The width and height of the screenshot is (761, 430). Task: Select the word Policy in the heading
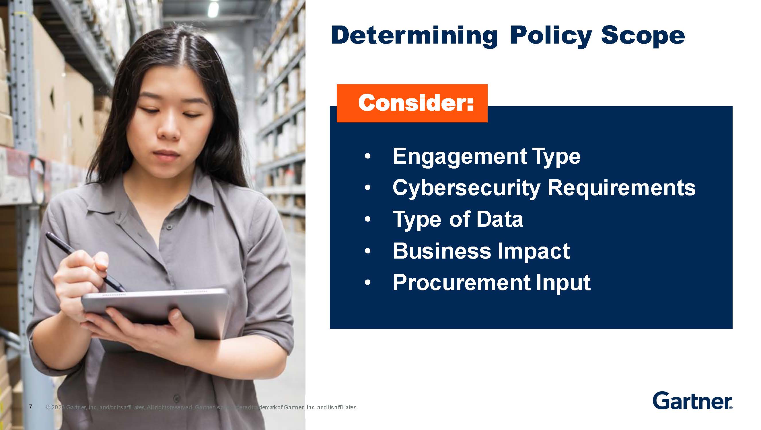click(550, 36)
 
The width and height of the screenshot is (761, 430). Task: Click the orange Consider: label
click(412, 103)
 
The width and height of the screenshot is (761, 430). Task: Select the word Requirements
click(622, 188)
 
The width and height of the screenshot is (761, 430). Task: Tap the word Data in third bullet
click(500, 219)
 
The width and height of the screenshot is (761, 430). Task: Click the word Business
click(442, 251)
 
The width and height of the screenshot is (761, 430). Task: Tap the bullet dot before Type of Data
click(367, 219)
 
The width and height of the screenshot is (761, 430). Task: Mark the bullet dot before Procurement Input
click(367, 283)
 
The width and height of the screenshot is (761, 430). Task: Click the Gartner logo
click(692, 401)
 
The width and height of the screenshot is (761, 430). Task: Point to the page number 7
click(30, 407)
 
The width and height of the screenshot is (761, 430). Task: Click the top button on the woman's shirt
click(169, 227)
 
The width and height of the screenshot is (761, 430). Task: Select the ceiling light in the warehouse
click(213, 9)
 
